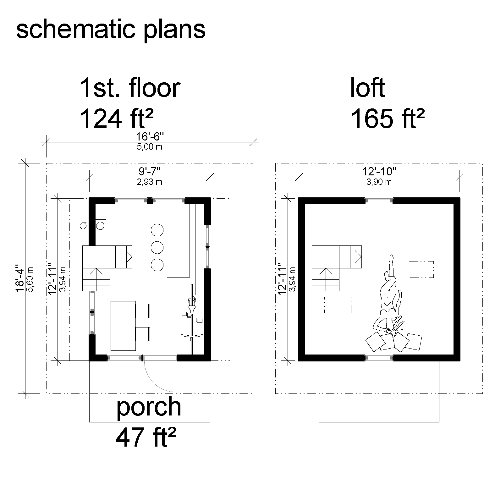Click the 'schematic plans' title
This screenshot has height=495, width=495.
coord(111,30)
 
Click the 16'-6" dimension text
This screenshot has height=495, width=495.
coord(150,137)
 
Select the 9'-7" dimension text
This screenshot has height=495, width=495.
coord(150,172)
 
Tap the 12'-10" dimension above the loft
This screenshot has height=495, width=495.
coord(379,172)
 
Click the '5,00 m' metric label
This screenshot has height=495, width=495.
coord(150,147)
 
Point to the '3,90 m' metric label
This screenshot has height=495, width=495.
coord(379,182)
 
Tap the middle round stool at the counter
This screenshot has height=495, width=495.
coord(157,247)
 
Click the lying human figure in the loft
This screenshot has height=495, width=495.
coord(388,302)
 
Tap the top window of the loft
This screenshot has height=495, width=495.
coord(379,201)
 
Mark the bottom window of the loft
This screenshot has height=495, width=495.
coord(379,357)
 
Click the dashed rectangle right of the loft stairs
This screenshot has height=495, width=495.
coord(420,269)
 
